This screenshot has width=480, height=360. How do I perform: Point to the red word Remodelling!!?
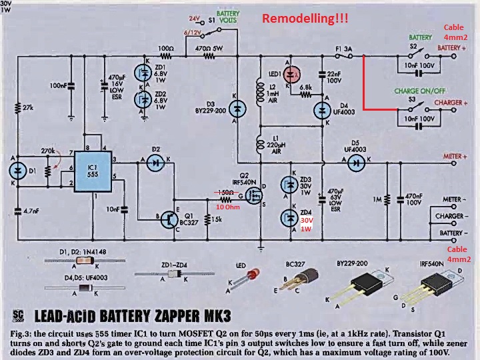[x=305, y=19]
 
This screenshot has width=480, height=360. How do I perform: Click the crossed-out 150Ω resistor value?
[x=225, y=192]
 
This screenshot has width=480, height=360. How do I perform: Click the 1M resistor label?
[x=378, y=199]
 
